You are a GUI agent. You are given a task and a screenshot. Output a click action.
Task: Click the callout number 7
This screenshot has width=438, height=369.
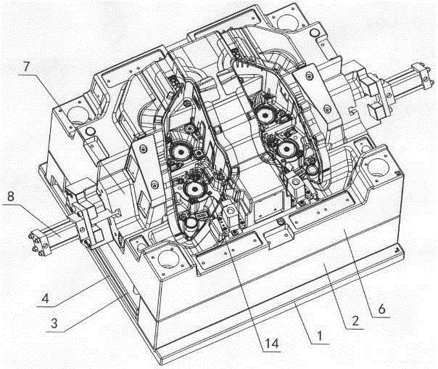click(26, 67)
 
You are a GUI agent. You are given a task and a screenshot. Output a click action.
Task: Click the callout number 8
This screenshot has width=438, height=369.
click(11, 196)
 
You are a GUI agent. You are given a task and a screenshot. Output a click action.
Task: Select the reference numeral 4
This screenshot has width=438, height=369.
click(46, 299)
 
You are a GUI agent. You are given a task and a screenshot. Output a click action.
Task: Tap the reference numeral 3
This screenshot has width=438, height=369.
click(54, 323)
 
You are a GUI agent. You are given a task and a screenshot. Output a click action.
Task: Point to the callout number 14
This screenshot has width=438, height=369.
click(272, 344)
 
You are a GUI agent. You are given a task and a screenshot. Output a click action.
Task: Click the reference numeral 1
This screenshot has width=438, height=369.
click(319, 335)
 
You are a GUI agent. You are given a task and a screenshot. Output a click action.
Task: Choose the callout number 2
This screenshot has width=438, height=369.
click(355, 321)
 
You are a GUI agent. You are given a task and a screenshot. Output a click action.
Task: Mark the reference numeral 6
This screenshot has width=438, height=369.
click(381, 309)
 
